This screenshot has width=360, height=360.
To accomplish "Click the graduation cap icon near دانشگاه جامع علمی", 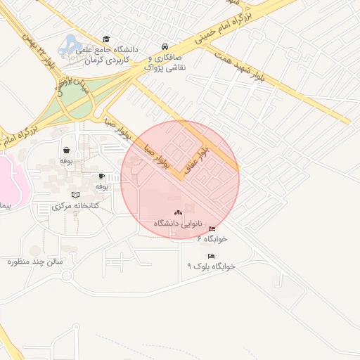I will [106, 39].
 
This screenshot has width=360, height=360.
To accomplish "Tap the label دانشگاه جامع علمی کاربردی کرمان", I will [111, 55].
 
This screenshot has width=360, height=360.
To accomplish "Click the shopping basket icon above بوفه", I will [66, 150].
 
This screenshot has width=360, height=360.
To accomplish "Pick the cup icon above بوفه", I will [101, 176].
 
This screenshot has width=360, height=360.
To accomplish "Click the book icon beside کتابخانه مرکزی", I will [76, 194].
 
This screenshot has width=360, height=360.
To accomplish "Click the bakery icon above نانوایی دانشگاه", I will [177, 212].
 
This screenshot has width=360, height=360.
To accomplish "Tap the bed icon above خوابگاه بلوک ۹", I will [211, 256].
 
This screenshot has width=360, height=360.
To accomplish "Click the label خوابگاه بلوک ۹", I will [210, 267].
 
